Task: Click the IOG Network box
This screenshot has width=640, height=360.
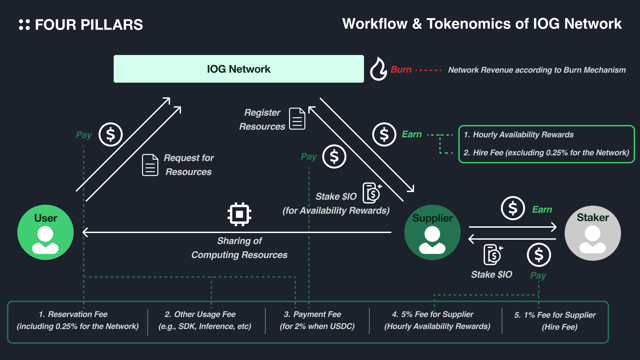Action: (x=239, y=69)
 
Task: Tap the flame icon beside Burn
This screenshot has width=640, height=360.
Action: (x=378, y=69)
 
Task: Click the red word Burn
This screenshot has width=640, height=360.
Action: (x=401, y=70)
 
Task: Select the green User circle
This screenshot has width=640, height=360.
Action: (x=46, y=232)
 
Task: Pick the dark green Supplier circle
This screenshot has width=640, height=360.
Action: (x=432, y=232)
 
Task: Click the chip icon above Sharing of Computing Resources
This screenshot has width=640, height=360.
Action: (x=239, y=214)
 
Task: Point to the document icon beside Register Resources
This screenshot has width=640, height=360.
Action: (x=297, y=119)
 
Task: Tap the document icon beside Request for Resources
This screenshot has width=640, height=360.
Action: (x=150, y=165)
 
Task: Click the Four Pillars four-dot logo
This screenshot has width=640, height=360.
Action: (x=24, y=25)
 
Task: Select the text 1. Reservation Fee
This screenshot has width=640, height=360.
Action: (x=73, y=314)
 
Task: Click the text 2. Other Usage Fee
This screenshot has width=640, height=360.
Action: (x=200, y=314)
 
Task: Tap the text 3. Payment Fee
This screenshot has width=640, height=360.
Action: (x=313, y=314)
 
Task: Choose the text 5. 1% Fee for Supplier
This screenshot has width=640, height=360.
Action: (x=555, y=315)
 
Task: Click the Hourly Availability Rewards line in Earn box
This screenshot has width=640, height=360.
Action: (x=519, y=135)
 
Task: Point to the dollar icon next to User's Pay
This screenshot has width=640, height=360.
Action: (x=111, y=135)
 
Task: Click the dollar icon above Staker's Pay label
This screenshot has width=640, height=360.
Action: (x=539, y=255)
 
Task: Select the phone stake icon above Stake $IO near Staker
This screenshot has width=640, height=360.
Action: (x=493, y=255)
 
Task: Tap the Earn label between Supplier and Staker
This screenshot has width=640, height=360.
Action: (x=542, y=209)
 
